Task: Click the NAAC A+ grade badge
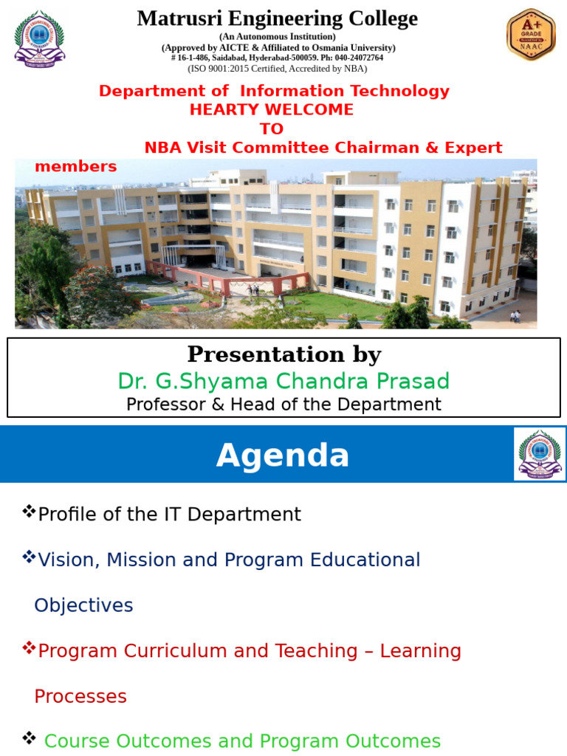[531, 35]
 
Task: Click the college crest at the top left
[39, 38]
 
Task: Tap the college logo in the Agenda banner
[540, 454]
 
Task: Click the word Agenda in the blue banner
[283, 456]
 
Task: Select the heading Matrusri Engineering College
[277, 18]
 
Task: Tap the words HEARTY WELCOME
[272, 109]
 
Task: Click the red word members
[76, 166]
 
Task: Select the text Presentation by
[283, 354]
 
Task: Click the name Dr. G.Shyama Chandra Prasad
[283, 381]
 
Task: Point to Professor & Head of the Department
[283, 405]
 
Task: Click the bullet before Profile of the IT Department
[30, 512]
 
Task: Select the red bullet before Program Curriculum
[30, 648]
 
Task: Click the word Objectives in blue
[83, 605]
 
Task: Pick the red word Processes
[80, 696]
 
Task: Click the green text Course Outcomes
[118, 741]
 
